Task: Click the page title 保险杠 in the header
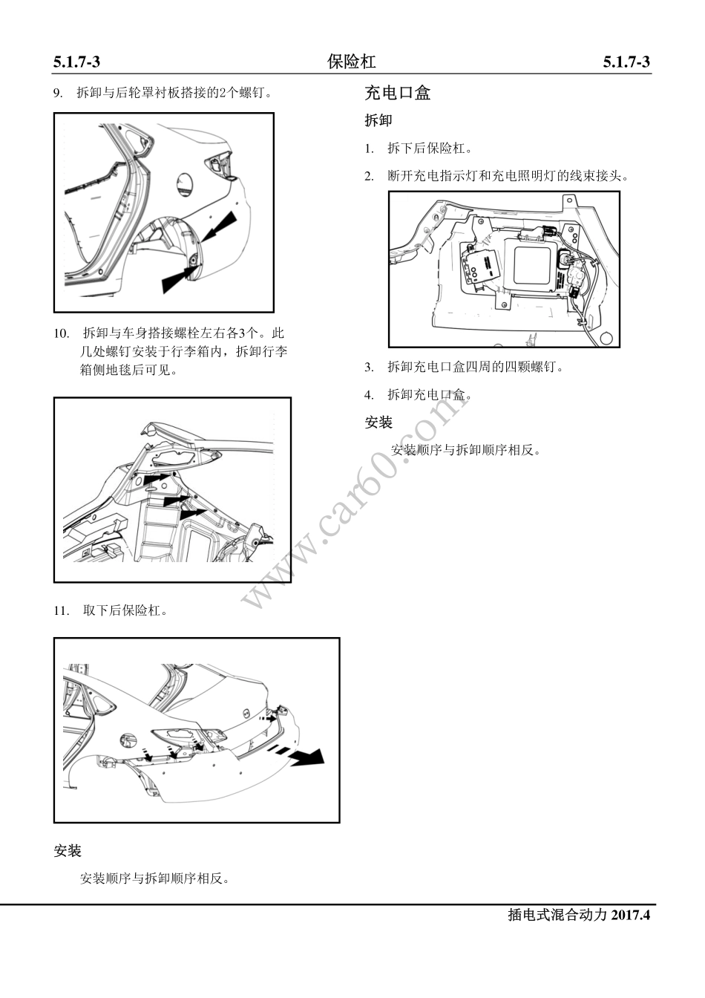(x=351, y=62)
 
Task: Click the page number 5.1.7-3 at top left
(x=76, y=62)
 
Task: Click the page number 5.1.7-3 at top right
(x=626, y=62)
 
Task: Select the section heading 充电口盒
(x=397, y=94)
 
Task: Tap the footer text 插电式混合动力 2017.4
(x=578, y=915)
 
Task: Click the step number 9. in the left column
(x=59, y=94)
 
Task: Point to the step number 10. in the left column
(x=62, y=333)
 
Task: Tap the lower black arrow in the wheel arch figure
(x=179, y=278)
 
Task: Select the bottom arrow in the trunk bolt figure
(x=193, y=512)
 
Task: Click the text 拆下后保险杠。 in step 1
(x=430, y=149)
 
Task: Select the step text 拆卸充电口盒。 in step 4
(x=430, y=394)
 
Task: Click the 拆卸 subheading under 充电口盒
(x=378, y=120)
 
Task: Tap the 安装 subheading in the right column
(x=378, y=423)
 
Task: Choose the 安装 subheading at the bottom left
(x=68, y=851)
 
